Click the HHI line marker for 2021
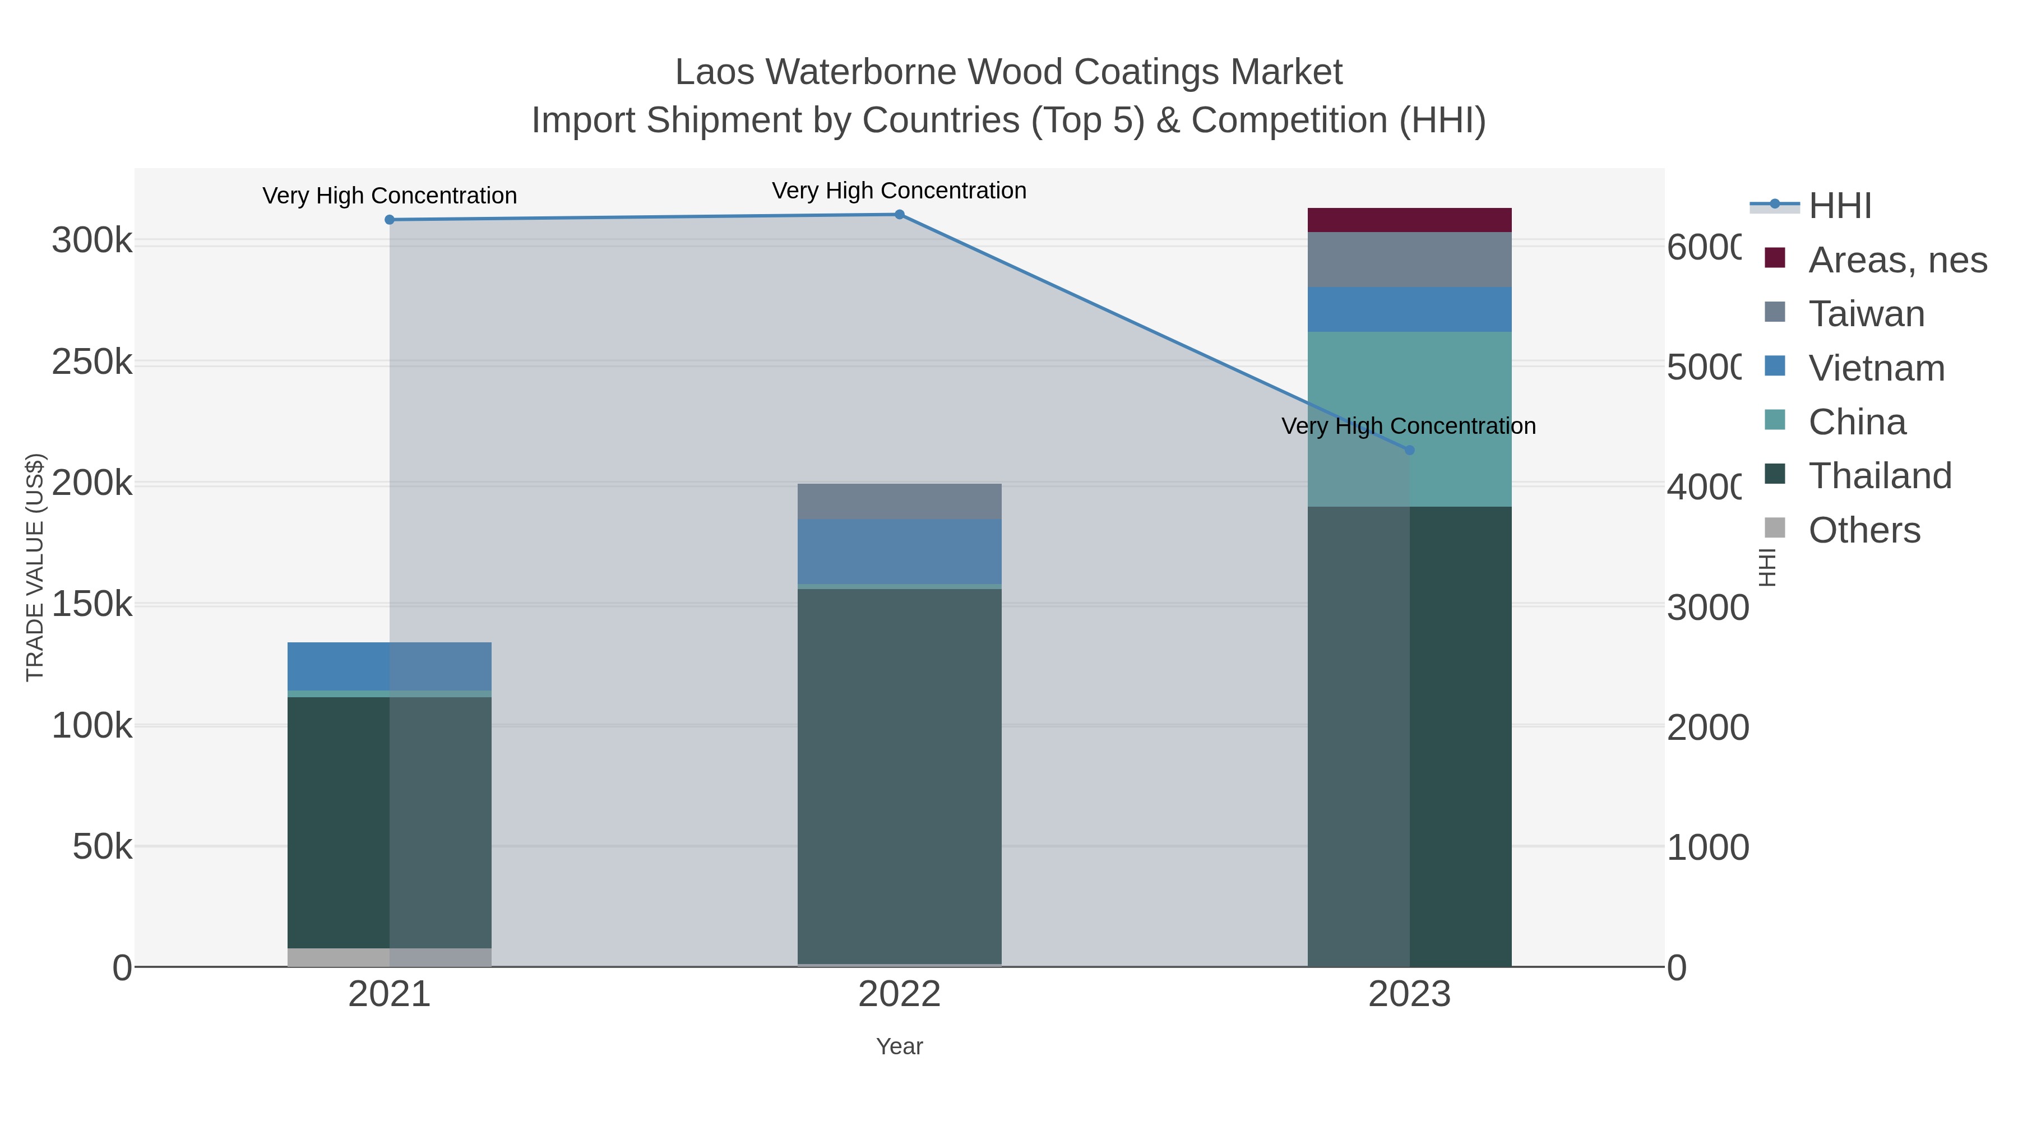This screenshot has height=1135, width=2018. coord(390,220)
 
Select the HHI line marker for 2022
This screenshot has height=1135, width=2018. coord(899,215)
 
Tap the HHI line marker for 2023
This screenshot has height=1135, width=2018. coord(1409,451)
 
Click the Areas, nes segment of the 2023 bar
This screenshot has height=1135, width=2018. coord(1409,220)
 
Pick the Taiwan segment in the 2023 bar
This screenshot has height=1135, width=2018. coord(1409,260)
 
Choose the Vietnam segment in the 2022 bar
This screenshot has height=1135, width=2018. coord(899,552)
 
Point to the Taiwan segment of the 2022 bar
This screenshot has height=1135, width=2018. coord(899,501)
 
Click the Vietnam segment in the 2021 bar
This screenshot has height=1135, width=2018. coord(390,666)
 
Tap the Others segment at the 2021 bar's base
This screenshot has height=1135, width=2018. coord(390,957)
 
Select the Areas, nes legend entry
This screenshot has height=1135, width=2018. coord(1896,260)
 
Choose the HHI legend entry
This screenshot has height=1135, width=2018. coord(1839,206)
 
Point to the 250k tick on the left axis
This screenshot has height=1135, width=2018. coord(92,363)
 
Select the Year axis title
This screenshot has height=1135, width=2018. coord(899,1046)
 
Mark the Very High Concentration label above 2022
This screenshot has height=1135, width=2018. coord(899,191)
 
